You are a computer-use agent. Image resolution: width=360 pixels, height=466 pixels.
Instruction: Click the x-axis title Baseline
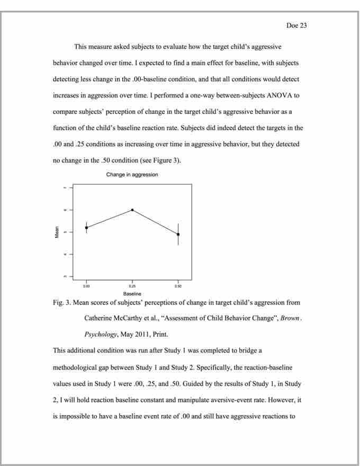coord(132,292)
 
